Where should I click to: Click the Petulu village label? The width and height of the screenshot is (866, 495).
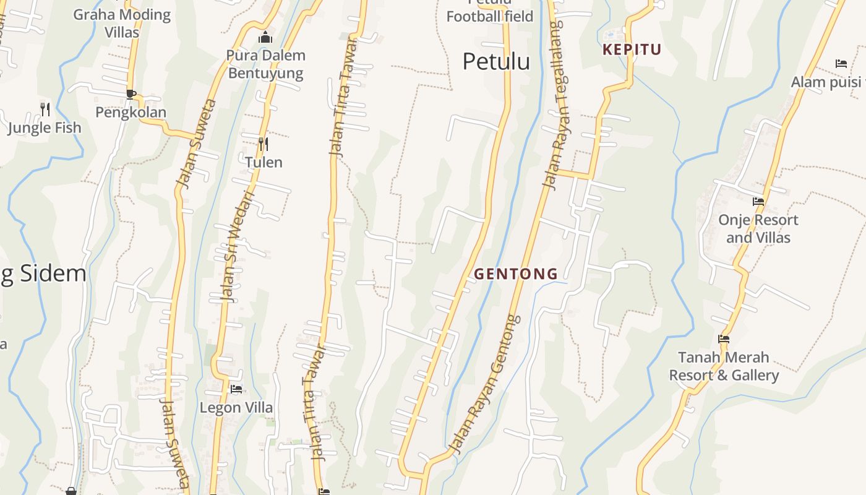[x=496, y=61]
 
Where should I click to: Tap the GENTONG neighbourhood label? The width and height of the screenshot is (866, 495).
[x=516, y=273]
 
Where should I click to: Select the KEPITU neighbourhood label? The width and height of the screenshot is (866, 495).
[x=632, y=49]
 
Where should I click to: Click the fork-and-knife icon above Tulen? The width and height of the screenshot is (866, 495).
[x=264, y=144]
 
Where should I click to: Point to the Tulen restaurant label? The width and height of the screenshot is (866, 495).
[x=264, y=162]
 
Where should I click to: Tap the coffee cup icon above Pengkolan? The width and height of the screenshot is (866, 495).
[x=131, y=94]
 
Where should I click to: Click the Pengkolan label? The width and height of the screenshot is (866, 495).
[x=131, y=112]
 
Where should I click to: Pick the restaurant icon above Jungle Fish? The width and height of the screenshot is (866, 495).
[x=45, y=110]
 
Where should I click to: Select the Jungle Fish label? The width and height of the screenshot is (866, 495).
[x=45, y=127]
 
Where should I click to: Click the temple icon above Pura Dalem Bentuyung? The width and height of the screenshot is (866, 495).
[x=265, y=37]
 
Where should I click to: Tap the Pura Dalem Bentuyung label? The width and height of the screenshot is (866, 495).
[x=265, y=64]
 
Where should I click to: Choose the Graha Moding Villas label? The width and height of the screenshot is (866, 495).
[x=122, y=23]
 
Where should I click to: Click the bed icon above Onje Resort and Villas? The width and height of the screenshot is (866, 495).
[x=758, y=202]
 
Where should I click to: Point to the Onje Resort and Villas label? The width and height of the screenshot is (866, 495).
[x=758, y=228]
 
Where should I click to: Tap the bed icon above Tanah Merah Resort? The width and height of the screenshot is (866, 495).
[x=724, y=339]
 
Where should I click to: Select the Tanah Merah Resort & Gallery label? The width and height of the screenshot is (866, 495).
[x=724, y=366]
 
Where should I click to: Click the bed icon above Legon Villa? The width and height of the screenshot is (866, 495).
[x=236, y=389]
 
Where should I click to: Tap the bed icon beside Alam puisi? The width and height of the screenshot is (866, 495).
[x=841, y=64]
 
